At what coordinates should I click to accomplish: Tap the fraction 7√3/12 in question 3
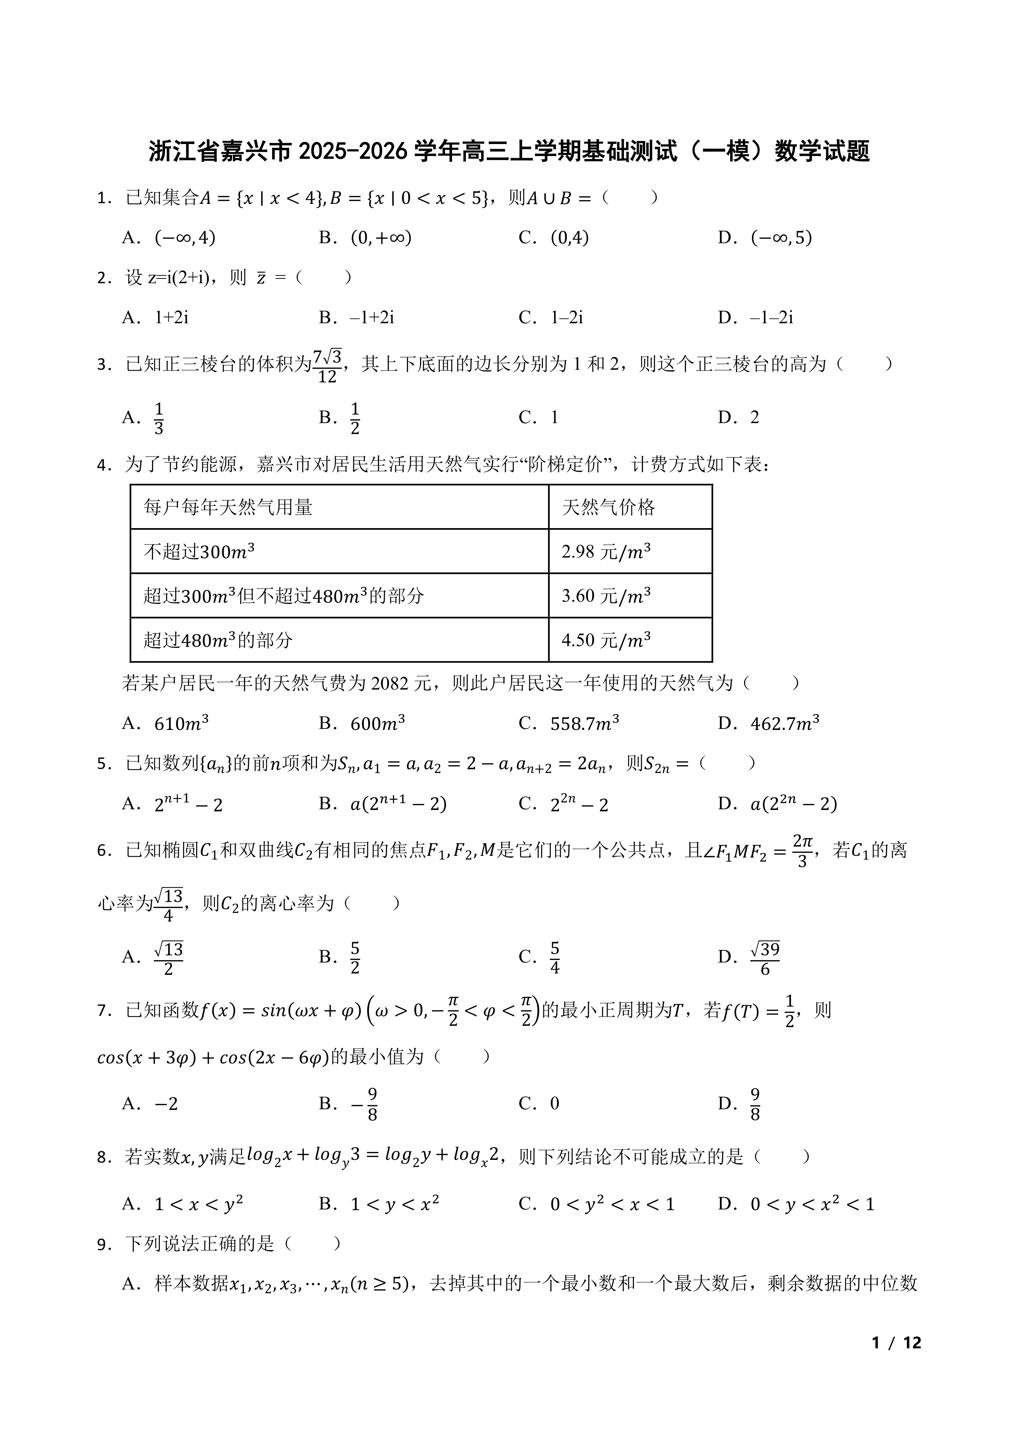[x=328, y=366]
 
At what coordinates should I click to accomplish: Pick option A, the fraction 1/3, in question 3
[x=159, y=418]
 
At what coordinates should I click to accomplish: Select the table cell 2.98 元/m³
[x=606, y=551]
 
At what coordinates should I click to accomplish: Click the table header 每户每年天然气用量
[x=228, y=507]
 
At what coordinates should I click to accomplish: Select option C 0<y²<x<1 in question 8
[x=612, y=1205]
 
